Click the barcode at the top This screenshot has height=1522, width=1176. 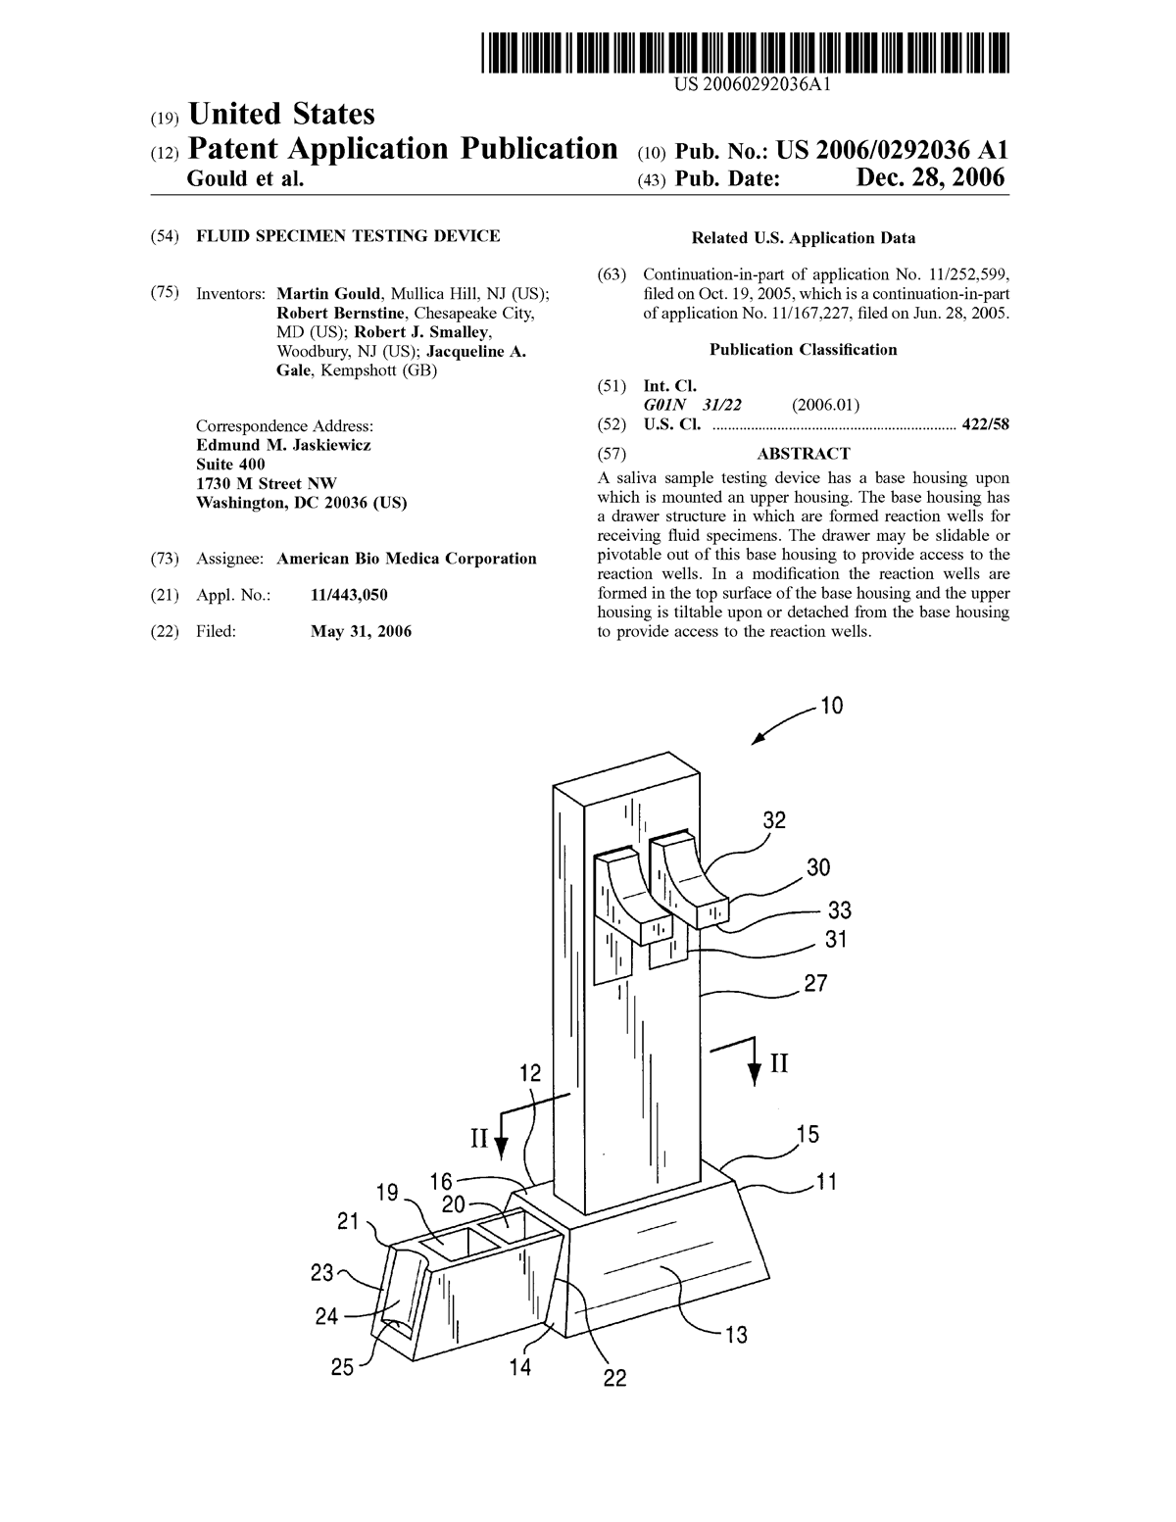(745, 53)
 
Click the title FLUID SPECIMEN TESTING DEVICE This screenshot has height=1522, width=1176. (348, 236)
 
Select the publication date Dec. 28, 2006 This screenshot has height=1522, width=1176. (931, 178)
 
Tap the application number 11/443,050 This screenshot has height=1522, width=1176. (349, 595)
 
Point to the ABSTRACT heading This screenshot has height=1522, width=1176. (803, 454)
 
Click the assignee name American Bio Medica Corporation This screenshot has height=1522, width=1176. (407, 559)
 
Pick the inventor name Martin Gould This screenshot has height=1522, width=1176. (328, 293)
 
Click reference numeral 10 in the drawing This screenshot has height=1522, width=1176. (831, 705)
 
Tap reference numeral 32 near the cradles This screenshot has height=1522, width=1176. (773, 819)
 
